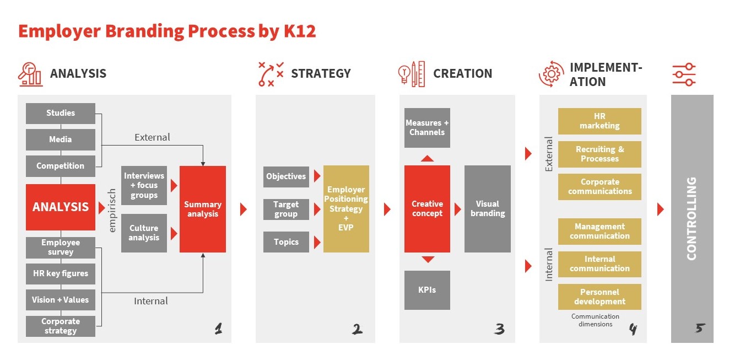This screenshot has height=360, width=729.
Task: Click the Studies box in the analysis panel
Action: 61,113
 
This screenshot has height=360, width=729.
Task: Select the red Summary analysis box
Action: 203,209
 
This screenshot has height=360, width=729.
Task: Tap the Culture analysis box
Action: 144,233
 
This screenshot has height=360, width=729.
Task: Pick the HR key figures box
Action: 61,273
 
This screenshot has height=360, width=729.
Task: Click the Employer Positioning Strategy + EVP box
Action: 346,209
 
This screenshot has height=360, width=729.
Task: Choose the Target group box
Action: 286,209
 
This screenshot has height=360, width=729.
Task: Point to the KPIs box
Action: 427,289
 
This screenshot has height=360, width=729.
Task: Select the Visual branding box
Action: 488,208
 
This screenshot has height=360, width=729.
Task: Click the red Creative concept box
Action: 427,208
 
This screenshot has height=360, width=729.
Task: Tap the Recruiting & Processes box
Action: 600,154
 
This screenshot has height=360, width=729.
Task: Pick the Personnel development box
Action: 600,297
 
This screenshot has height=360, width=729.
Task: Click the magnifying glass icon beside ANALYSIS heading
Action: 30,74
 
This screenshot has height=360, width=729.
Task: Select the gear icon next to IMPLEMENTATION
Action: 551,74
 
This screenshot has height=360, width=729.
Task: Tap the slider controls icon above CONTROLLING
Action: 684,74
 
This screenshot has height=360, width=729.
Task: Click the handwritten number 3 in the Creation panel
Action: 499,329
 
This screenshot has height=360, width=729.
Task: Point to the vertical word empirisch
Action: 112,210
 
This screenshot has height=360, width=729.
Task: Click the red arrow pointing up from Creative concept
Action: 428,159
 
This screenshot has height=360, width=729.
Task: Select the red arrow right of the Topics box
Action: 317,242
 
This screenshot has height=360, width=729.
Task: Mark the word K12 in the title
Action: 300,31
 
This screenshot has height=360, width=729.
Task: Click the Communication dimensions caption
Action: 595,320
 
